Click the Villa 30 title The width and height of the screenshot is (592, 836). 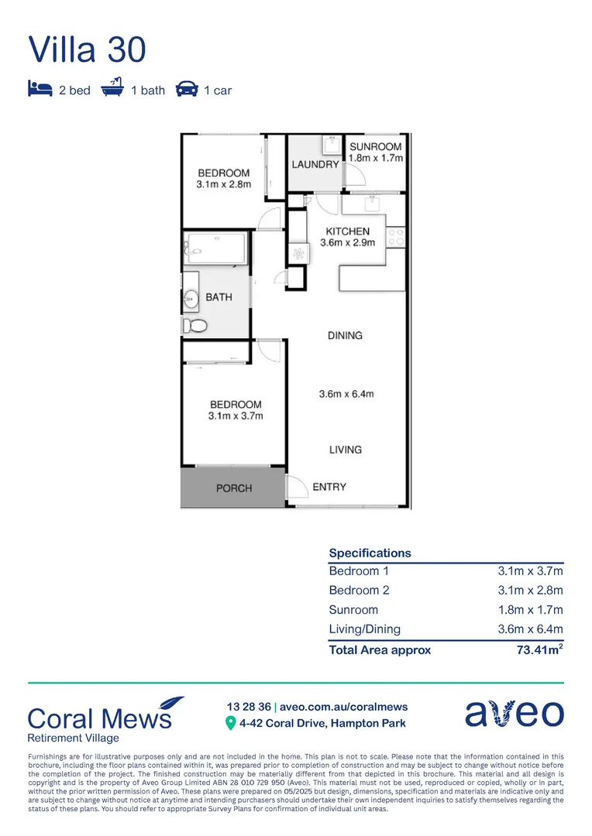pos(87,50)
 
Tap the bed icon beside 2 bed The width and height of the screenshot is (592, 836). pos(40,90)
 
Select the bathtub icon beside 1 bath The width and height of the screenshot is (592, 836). pos(113,89)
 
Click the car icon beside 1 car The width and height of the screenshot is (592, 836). pos(187,90)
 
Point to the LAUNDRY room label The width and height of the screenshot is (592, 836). pos(315,164)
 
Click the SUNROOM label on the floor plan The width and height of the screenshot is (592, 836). pos(375,146)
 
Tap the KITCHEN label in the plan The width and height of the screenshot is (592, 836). pos(347,231)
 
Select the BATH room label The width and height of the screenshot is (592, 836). pos(219,297)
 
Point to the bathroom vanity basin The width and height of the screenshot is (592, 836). pos(191,297)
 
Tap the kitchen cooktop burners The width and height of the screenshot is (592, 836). pos(396,236)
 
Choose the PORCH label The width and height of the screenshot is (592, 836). pos(234,488)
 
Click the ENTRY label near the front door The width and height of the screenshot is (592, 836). pos(329,487)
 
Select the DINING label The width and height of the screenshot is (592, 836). pos(345,335)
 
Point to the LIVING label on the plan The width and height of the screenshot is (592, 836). pos(345,450)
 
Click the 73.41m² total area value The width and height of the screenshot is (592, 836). pos(539,650)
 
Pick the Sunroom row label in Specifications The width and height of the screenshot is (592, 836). pos(353,610)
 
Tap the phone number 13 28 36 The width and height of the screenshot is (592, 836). pos(249,707)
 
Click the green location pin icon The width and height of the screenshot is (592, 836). pos(230,724)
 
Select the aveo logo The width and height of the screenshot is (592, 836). pos(514,713)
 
